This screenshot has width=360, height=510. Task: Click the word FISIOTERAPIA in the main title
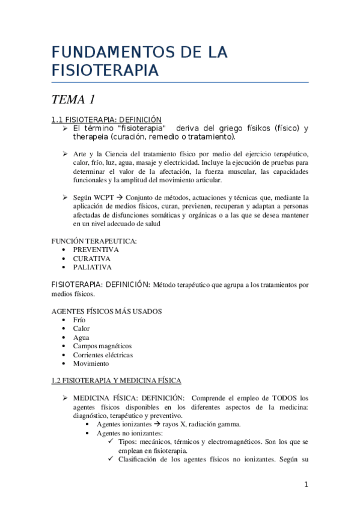105,70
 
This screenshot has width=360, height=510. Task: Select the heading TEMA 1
74,99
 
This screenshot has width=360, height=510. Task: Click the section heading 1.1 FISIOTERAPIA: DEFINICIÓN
106,120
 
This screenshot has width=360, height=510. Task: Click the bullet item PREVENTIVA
96,250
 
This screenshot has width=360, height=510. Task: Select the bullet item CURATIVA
92,258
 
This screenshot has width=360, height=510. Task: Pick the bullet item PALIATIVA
92,267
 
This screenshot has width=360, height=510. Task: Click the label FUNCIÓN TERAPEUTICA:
94,241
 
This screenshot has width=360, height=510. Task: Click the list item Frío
79,320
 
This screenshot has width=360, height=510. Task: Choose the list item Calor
81,328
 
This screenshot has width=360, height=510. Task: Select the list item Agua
81,337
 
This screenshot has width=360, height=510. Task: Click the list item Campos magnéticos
102,346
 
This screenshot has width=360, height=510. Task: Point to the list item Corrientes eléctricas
103,355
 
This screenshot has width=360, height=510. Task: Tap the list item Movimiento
91,363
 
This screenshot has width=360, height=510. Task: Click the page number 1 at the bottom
306,485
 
